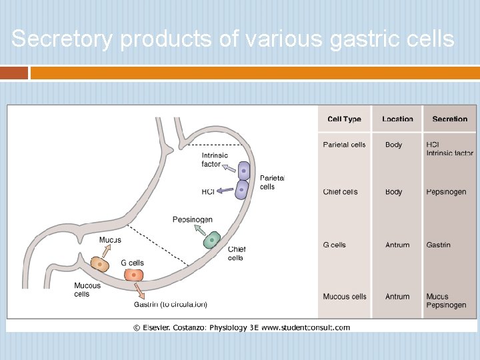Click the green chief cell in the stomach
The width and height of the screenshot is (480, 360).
click(212, 240)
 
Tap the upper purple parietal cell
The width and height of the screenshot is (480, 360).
click(244, 171)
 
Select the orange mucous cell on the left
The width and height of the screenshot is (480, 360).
click(100, 263)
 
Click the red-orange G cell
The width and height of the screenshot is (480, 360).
click(133, 275)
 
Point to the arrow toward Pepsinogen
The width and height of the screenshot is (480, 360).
click(199, 230)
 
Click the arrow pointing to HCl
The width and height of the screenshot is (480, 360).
click(225, 191)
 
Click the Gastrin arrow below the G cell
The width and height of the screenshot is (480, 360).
click(139, 291)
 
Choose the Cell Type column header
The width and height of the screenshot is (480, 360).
click(344, 119)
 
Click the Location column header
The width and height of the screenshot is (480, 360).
click(397, 119)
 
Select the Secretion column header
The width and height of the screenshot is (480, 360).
click(449, 119)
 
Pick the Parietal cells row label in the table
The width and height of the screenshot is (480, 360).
click(344, 145)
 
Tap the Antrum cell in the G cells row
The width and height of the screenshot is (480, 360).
click(397, 245)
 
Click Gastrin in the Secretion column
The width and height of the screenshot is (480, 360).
click(438, 245)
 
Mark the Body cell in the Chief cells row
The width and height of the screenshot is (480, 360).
click(393, 192)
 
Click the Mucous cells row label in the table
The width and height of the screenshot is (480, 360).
click(344, 297)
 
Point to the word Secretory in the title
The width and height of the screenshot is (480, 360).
click(63, 39)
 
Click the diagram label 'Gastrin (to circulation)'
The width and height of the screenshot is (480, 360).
click(171, 305)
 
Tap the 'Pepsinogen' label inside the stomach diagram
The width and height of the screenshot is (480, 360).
click(192, 219)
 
